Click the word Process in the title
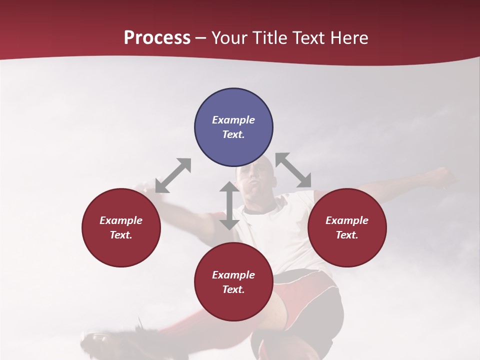[x=157, y=38]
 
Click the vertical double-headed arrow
[x=229, y=205]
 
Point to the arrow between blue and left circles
[x=173, y=175]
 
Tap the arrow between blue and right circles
[x=293, y=170]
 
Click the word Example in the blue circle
[x=233, y=120]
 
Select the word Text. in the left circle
[x=121, y=235]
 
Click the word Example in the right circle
[x=347, y=220]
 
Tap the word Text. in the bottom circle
[x=233, y=289]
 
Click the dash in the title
[x=201, y=38]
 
